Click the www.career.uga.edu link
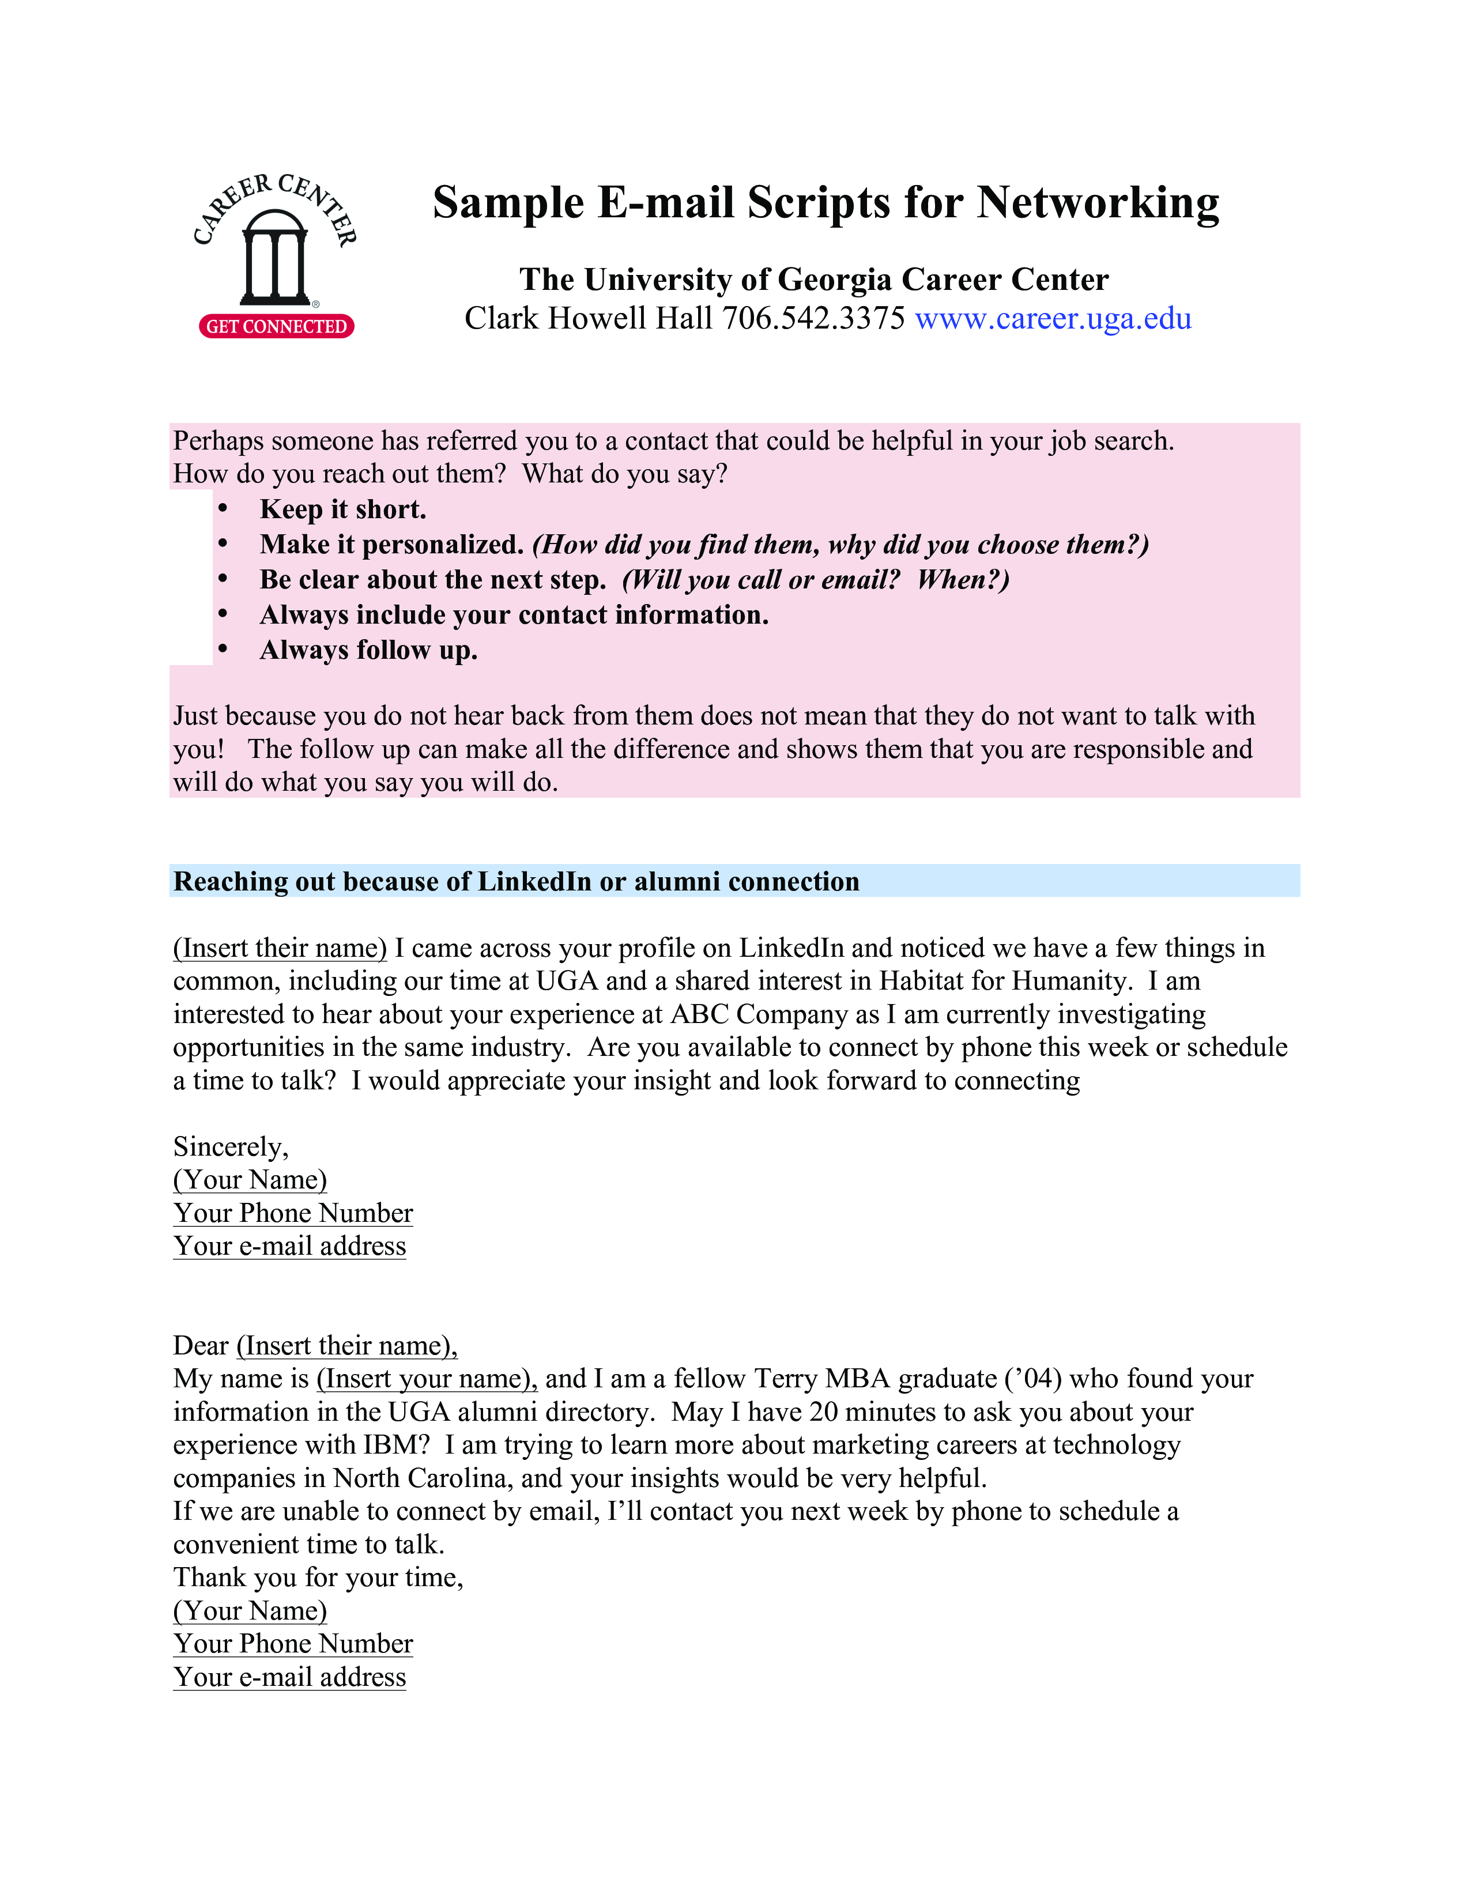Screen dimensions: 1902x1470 1053,319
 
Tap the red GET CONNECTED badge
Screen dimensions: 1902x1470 276,327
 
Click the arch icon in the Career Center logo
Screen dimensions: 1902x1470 274,257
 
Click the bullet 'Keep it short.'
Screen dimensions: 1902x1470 343,510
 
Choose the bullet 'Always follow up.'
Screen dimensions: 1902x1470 368,651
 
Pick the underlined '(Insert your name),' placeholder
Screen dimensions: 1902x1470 427,1379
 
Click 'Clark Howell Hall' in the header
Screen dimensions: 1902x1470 588,319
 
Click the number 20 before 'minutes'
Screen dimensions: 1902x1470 824,1412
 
